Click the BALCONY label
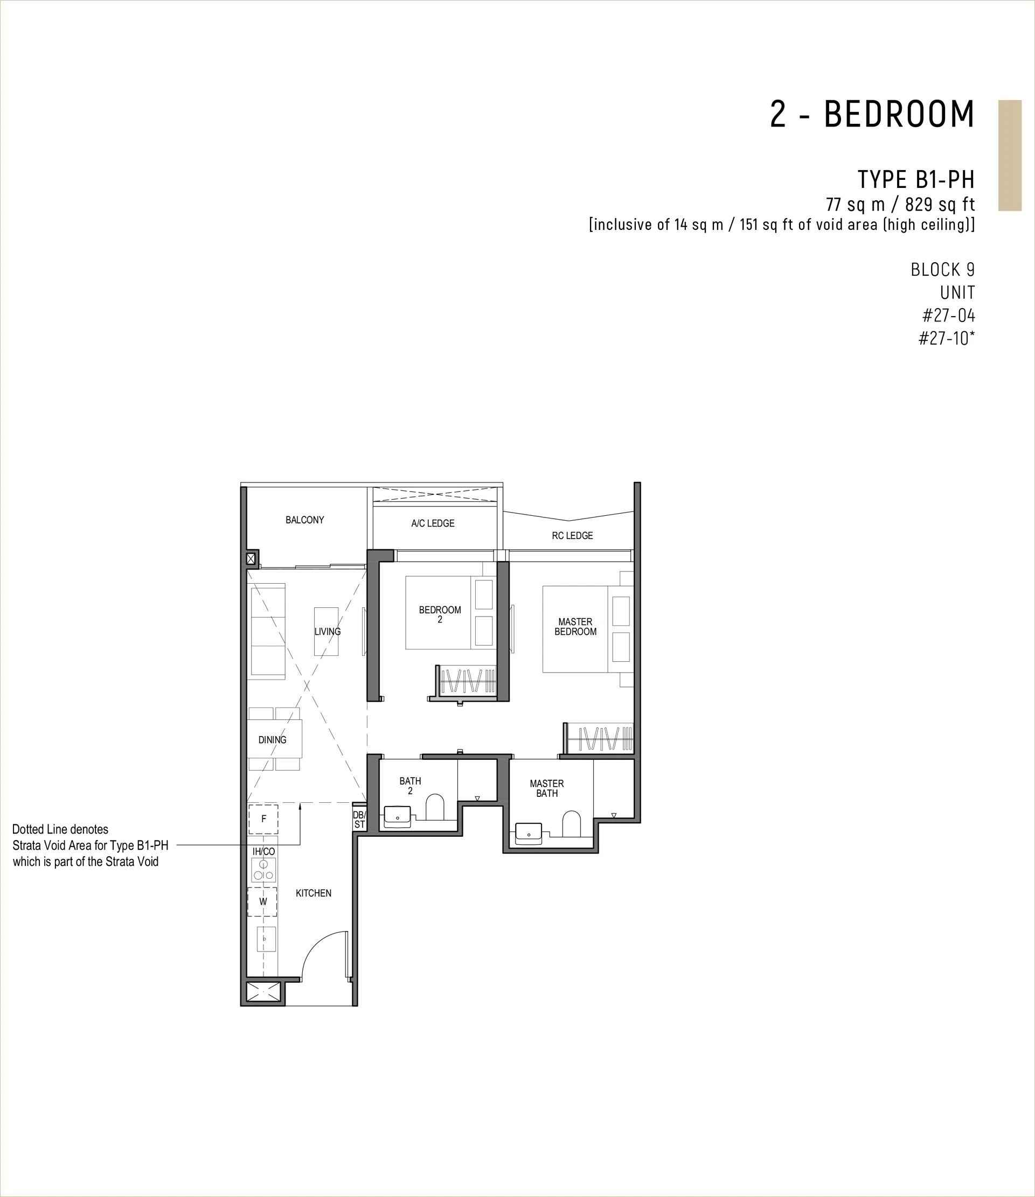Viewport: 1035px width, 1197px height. click(x=304, y=520)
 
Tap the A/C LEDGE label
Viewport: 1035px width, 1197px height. click(x=433, y=523)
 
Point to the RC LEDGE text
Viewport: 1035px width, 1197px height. click(x=572, y=536)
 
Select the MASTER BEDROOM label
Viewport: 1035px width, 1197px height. click(x=575, y=627)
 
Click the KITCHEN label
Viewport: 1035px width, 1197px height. click(x=314, y=893)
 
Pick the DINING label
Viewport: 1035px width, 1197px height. click(x=272, y=739)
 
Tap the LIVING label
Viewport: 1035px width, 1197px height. click(x=328, y=632)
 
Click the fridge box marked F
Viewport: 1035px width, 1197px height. click(x=263, y=819)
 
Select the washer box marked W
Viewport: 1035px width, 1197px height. click(x=263, y=901)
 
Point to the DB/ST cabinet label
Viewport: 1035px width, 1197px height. click(x=359, y=820)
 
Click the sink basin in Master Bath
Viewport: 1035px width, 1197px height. click(x=528, y=834)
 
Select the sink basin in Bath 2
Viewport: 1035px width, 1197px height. click(x=397, y=817)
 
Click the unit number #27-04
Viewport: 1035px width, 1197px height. click(x=948, y=316)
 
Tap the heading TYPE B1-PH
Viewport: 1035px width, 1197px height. click(x=916, y=180)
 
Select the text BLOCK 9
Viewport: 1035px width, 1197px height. click(x=943, y=269)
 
